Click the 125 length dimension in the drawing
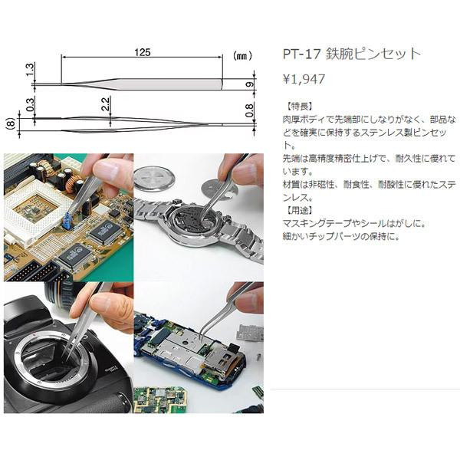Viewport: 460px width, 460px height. (141, 51)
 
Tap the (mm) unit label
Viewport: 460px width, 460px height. (242, 56)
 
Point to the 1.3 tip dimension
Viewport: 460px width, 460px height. (30, 71)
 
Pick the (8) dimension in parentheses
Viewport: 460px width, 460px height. (10, 121)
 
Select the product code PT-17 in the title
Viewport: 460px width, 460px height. (301, 54)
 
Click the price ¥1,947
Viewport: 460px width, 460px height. (305, 78)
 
